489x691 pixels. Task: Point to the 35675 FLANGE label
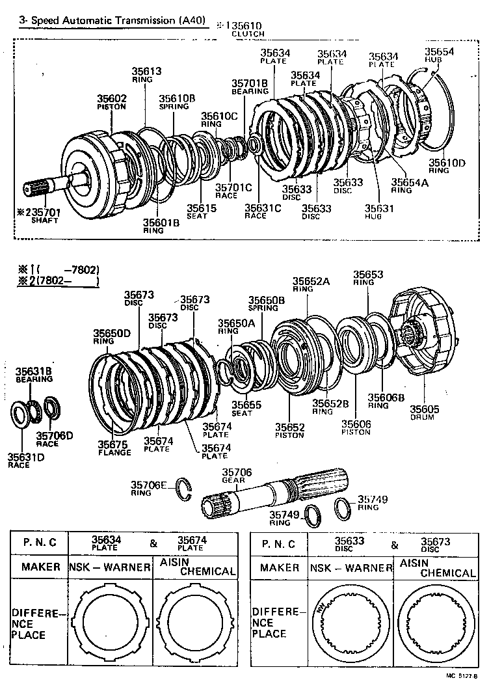click(114, 448)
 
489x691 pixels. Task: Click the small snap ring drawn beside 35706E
click(185, 491)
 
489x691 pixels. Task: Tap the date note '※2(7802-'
click(59, 281)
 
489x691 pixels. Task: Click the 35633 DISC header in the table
click(349, 543)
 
